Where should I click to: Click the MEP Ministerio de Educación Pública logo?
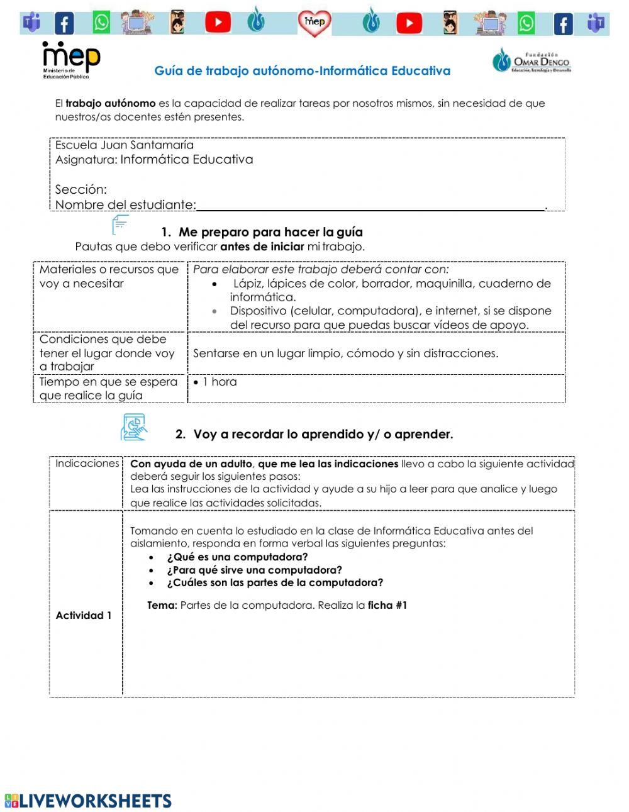70,60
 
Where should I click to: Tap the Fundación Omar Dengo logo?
532,61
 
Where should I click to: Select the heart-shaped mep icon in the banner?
314,23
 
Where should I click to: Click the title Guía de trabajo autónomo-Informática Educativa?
303,71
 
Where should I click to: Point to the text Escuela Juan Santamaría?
125,145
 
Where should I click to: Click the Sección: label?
81,189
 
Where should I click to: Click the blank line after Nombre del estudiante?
371,205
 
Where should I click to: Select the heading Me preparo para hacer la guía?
270,232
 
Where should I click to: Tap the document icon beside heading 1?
120,225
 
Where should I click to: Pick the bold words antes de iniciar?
262,247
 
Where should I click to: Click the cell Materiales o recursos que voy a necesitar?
109,277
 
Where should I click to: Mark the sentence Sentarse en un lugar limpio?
345,353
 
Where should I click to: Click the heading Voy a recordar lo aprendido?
323,434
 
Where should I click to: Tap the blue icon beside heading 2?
133,428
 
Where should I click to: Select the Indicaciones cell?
87,464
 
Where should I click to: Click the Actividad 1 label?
84,615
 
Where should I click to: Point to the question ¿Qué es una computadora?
237,557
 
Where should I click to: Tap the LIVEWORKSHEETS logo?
88,801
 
